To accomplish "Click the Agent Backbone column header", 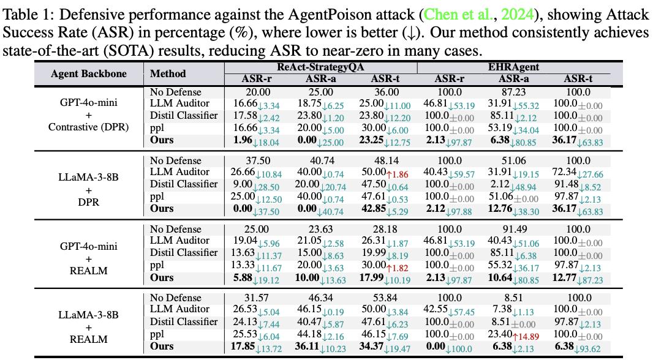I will point(88,73).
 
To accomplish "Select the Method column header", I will point(168,73).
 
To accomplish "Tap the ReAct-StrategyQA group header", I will point(320,67).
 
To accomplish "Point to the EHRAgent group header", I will point(513,67).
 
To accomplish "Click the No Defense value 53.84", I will point(384,298).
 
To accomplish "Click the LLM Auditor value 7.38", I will point(502,309).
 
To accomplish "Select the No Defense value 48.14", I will point(384,160).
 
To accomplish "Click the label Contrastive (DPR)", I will point(88,127).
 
